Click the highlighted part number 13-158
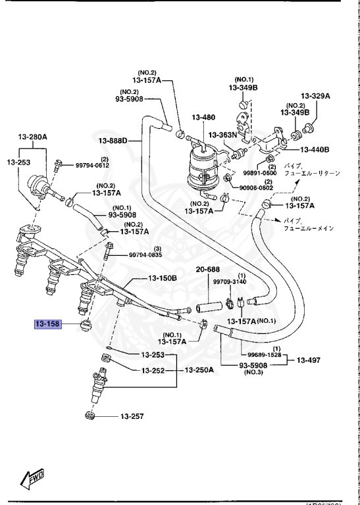click(x=48, y=324)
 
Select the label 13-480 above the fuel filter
click(x=204, y=118)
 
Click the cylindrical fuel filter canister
click(x=205, y=167)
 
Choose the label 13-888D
click(x=116, y=140)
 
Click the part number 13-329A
click(x=315, y=95)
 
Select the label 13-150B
click(x=163, y=278)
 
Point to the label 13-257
click(x=131, y=416)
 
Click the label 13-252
click(x=154, y=370)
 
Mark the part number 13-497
click(x=309, y=360)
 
